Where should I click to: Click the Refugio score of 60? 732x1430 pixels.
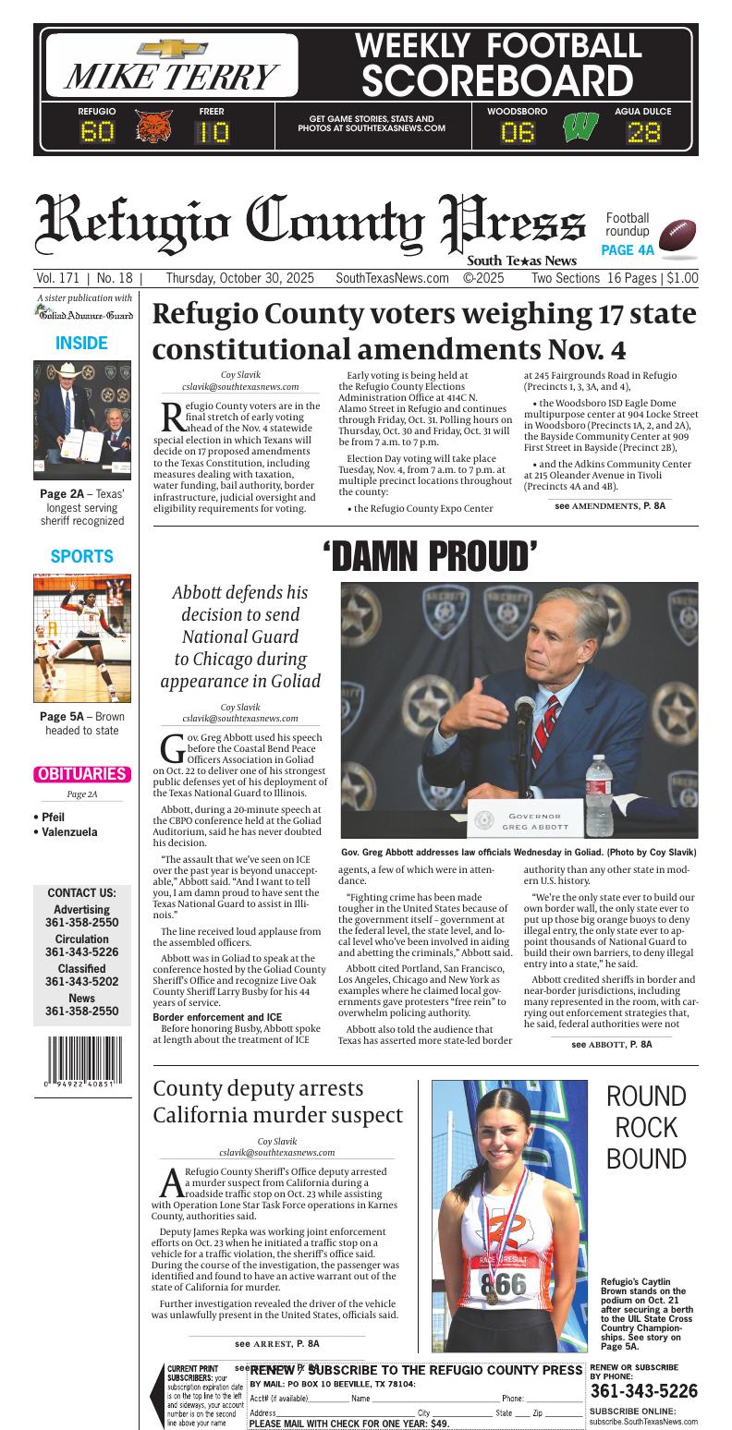pyautogui.click(x=97, y=132)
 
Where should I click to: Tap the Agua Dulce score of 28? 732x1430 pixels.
pyautogui.click(x=644, y=132)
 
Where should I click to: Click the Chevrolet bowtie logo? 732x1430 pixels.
pyautogui.click(x=172, y=49)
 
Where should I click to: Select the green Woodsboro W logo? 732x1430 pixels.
pyautogui.click(x=579, y=126)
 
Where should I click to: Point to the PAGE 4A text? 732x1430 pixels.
pyautogui.click(x=627, y=249)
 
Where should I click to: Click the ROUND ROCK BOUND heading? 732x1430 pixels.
pyautogui.click(x=645, y=1127)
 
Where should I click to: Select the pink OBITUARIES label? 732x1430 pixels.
pyautogui.click(x=81, y=774)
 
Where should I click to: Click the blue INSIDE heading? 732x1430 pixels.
pyautogui.click(x=81, y=343)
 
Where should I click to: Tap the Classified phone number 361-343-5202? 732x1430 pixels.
pyautogui.click(x=81, y=982)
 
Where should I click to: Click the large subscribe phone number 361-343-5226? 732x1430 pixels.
pyautogui.click(x=643, y=1390)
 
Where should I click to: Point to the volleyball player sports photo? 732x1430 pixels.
pyautogui.click(x=82, y=637)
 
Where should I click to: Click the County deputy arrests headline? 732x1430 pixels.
pyautogui.click(x=277, y=1101)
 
